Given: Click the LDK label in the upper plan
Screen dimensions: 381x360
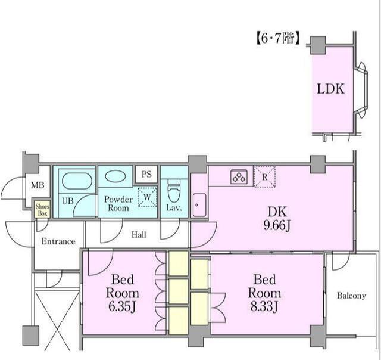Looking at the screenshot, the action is coord(331,89).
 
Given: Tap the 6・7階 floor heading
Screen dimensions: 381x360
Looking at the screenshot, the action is coord(278,38).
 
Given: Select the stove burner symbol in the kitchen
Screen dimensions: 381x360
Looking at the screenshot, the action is coord(239,176).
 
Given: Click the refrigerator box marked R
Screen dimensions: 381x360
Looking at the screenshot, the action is coord(264,177).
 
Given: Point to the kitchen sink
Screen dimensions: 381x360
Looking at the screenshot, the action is coord(199,205).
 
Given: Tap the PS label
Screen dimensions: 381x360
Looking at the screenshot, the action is coord(146,174).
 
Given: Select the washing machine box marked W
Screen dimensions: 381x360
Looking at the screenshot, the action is coord(147,197).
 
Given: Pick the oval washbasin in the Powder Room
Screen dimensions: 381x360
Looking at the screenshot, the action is coord(115,176).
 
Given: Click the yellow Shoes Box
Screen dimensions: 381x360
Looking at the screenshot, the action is coord(42,209).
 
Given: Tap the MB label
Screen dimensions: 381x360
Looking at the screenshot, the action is coord(38,185).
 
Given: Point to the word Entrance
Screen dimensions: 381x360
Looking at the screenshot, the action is coord(58,241).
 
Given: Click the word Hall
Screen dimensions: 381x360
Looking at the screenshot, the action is coord(139,235).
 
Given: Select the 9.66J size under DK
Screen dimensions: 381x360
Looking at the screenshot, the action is coord(277,226).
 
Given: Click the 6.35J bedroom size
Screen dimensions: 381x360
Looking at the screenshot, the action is coord(121,306).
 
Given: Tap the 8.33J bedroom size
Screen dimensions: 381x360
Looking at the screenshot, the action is coord(264,306).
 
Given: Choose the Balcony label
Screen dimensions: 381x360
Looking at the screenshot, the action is coord(351,296).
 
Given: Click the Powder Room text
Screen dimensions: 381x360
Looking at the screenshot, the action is coord(118,204).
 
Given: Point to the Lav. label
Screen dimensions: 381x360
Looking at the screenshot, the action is coord(174,207).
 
